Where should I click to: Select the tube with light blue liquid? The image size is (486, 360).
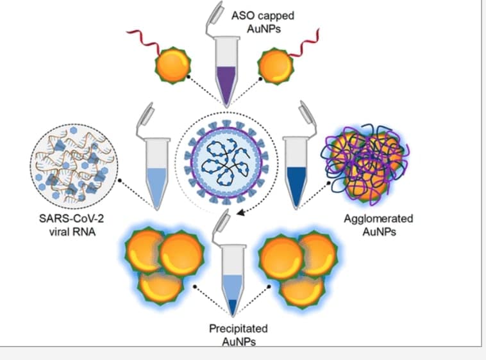point(158,174)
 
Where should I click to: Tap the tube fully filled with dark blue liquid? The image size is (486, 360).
point(297,174)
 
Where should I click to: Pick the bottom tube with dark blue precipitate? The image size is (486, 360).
point(233,279)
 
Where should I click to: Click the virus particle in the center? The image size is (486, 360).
point(226,163)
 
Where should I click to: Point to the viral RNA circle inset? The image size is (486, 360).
point(74,166)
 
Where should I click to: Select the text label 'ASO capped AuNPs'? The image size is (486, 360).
point(263,22)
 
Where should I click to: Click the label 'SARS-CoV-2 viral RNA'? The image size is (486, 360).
point(72,225)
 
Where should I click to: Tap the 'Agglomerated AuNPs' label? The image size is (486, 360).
point(379,225)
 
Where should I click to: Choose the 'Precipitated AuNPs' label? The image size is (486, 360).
point(239,335)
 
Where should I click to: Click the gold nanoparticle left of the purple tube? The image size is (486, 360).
point(172,65)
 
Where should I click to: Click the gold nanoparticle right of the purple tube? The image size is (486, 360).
point(275,66)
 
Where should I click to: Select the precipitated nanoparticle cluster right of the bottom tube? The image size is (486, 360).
point(299,268)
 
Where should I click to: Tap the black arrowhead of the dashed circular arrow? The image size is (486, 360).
point(241,212)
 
